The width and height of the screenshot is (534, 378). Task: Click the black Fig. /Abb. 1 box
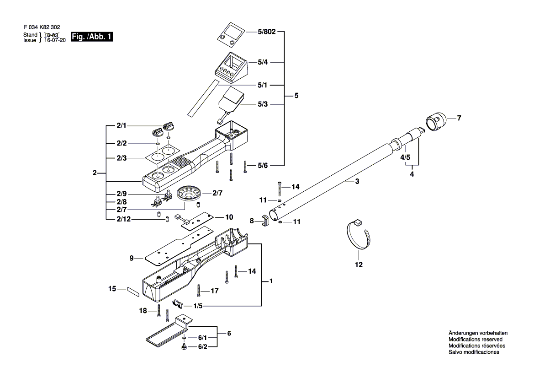(92, 37)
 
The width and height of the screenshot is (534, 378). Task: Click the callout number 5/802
(267, 32)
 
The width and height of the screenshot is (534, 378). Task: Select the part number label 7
(459, 118)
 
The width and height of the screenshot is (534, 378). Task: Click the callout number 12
(359, 265)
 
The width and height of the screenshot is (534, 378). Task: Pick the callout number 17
(215, 291)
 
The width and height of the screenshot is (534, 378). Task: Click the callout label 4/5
(405, 157)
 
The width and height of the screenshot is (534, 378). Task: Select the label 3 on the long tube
(357, 182)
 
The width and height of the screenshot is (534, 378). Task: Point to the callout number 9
(132, 258)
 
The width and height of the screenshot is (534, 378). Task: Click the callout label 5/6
(263, 166)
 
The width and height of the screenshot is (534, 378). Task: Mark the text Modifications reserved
(476, 340)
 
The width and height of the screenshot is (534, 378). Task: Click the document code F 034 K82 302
(42, 27)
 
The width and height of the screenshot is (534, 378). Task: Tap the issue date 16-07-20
(55, 40)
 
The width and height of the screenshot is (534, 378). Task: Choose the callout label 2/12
(124, 219)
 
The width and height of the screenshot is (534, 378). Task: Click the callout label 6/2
(203, 347)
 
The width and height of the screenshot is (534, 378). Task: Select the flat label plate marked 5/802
(231, 35)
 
